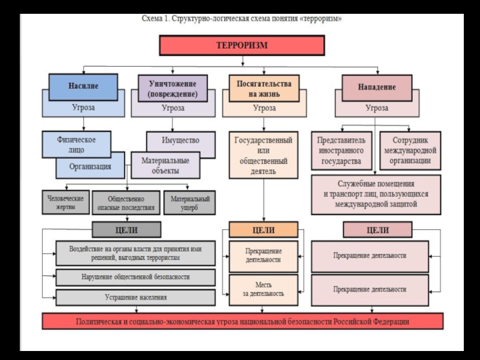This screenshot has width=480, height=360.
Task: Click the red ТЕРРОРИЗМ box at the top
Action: click(x=241, y=46)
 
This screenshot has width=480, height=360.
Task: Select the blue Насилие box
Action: click(x=83, y=86)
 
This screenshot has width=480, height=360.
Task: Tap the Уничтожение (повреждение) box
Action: click(x=172, y=86)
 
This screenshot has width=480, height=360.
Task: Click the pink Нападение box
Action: click(x=377, y=87)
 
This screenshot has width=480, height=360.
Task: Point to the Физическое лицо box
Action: click(x=77, y=144)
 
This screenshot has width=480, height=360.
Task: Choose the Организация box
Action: click(x=90, y=166)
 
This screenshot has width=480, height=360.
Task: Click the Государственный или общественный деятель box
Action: click(x=263, y=155)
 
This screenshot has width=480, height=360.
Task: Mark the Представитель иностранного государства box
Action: click(x=341, y=151)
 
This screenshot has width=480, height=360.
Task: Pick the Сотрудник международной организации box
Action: click(x=410, y=151)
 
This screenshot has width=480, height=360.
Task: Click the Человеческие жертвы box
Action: click(x=65, y=202)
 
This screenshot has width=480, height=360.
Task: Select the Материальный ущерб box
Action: click(x=190, y=203)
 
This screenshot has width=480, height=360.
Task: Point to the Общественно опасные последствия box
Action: click(x=126, y=203)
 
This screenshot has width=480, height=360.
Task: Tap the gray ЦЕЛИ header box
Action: click(x=126, y=230)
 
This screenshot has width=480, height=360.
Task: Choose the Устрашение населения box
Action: click(x=135, y=297)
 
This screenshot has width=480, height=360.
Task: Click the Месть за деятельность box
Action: click(x=263, y=289)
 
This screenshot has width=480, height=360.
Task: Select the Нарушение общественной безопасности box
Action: click(x=135, y=277)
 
